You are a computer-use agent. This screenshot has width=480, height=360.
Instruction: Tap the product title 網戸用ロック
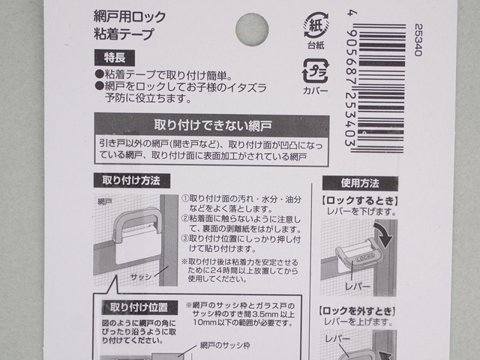pyautogui.click(x=124, y=17)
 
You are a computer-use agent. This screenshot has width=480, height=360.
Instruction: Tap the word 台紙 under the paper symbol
pyautogui.click(x=315, y=46)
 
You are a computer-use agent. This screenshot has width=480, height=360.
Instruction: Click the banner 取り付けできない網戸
pyautogui.click(x=212, y=123)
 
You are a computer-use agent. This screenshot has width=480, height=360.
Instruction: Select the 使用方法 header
pyautogui.click(x=360, y=182)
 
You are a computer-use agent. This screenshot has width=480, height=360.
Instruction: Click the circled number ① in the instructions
pyautogui.click(x=185, y=198)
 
